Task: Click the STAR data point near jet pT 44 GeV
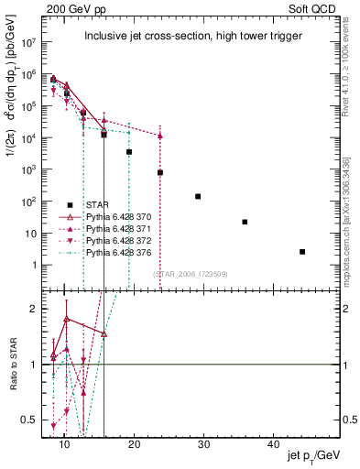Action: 302,251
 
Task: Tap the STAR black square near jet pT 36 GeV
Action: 245,222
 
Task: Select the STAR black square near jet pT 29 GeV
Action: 198,196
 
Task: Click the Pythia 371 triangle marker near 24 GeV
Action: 160,136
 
